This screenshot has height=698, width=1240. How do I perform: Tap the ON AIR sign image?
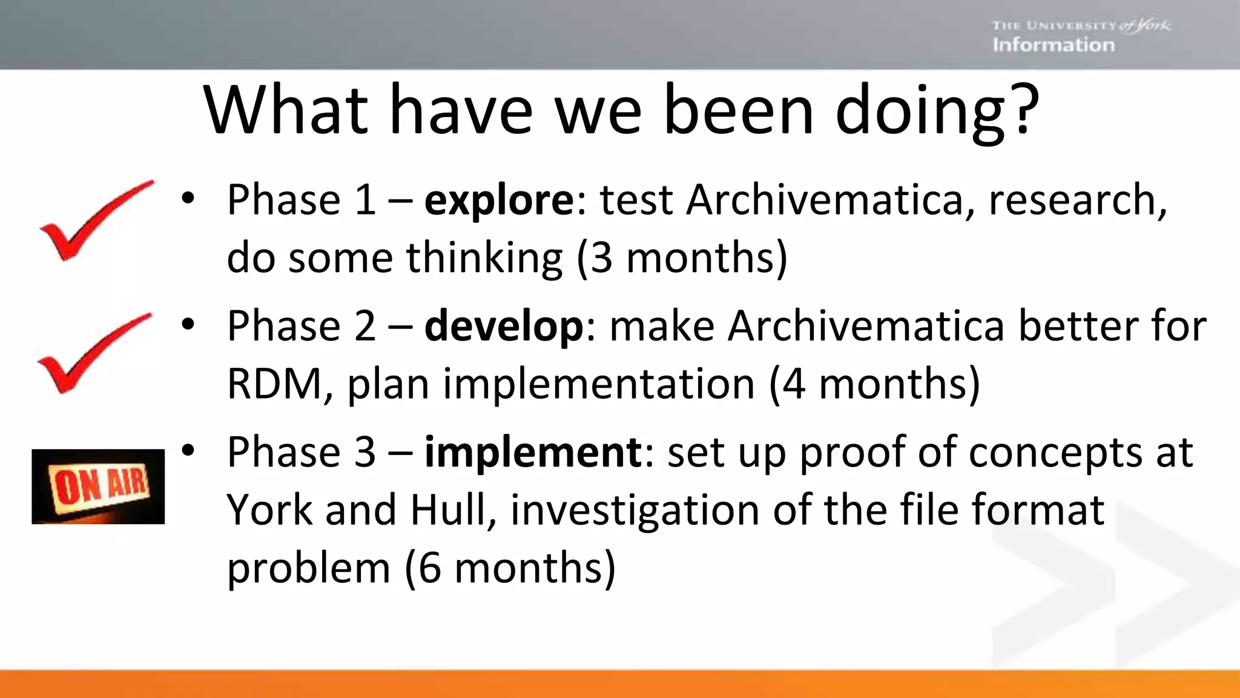point(98,487)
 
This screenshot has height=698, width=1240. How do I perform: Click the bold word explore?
point(499,201)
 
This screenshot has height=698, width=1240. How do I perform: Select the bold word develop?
point(504,327)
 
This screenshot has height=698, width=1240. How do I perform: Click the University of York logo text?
point(1081,25)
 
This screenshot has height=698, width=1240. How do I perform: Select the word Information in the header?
point(1054,45)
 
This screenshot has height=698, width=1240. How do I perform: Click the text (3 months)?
point(682,258)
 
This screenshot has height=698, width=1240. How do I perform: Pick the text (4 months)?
point(874,384)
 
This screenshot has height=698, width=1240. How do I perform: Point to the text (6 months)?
point(510,568)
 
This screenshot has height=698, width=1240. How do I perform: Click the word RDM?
point(275,384)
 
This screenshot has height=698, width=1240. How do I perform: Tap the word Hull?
point(447,510)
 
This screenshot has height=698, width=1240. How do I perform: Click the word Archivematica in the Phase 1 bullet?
point(823,201)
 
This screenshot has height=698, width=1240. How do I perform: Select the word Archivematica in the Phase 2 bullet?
point(866,327)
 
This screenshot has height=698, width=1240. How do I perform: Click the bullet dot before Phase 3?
point(188,450)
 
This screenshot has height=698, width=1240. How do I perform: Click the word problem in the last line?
point(308,568)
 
